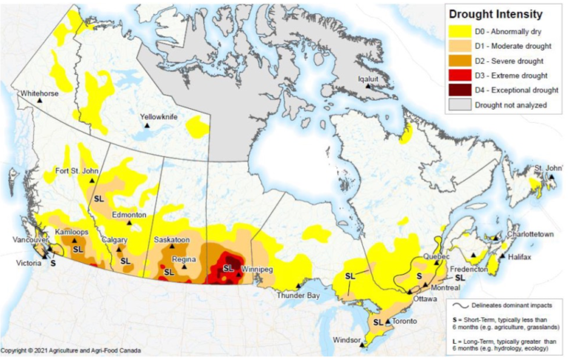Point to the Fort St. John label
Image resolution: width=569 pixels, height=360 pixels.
coord(79,171)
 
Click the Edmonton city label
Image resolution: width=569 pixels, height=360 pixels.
coord(129,214)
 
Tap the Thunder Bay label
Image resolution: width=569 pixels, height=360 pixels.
coord(298,296)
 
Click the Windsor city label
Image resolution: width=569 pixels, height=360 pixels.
coord(348,340)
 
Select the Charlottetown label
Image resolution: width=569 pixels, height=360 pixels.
coord(528,234)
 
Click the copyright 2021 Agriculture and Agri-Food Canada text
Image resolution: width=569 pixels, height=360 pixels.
coord(64,350)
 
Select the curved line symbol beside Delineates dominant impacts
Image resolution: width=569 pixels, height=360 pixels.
coord(460,304)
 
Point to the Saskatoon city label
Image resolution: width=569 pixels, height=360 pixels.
coord(172,240)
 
